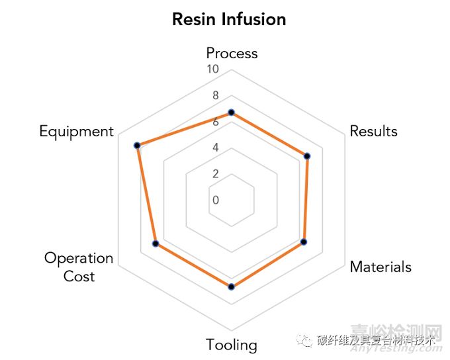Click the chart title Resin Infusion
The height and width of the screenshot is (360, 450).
click(x=229, y=19)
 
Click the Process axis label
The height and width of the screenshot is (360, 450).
click(x=232, y=53)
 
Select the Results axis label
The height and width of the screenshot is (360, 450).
click(x=373, y=131)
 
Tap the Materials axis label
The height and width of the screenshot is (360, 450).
click(x=381, y=267)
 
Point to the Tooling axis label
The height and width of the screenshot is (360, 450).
click(x=231, y=345)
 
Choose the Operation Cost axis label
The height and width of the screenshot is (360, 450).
click(x=79, y=267)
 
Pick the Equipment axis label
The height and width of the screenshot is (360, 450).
click(x=76, y=131)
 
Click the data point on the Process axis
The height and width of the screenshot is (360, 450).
click(x=231, y=112)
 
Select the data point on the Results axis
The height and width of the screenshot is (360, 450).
click(x=307, y=156)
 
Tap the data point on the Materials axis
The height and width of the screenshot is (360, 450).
click(x=304, y=242)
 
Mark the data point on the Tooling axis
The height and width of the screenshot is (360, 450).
click(x=231, y=287)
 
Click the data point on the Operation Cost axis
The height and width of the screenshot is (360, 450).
click(x=156, y=244)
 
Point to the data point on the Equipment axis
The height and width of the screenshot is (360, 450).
click(x=136, y=145)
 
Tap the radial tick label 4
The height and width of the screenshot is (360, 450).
click(x=215, y=147)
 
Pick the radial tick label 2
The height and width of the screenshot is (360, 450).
click(x=215, y=173)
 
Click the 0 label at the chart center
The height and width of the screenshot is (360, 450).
click(x=215, y=200)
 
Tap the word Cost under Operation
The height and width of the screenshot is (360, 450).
click(x=79, y=276)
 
